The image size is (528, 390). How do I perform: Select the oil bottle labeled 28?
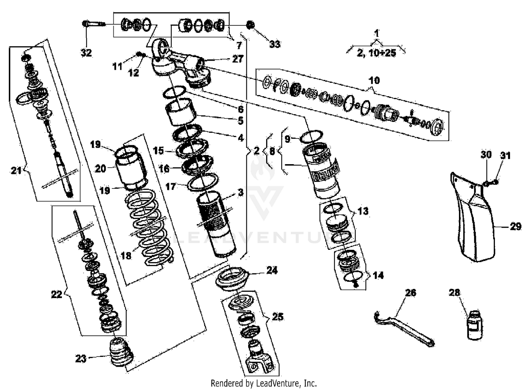click(475, 325)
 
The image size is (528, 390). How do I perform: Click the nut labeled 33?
click(251, 26)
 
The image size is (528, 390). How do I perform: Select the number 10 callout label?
click(374, 80)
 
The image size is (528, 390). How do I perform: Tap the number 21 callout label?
click(16, 171)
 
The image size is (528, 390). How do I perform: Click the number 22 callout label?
click(57, 294)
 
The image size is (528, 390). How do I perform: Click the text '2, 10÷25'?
click(376, 53)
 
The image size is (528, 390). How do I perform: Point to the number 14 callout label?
click(378, 275)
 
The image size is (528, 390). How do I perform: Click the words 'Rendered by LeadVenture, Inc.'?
click(264, 383)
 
